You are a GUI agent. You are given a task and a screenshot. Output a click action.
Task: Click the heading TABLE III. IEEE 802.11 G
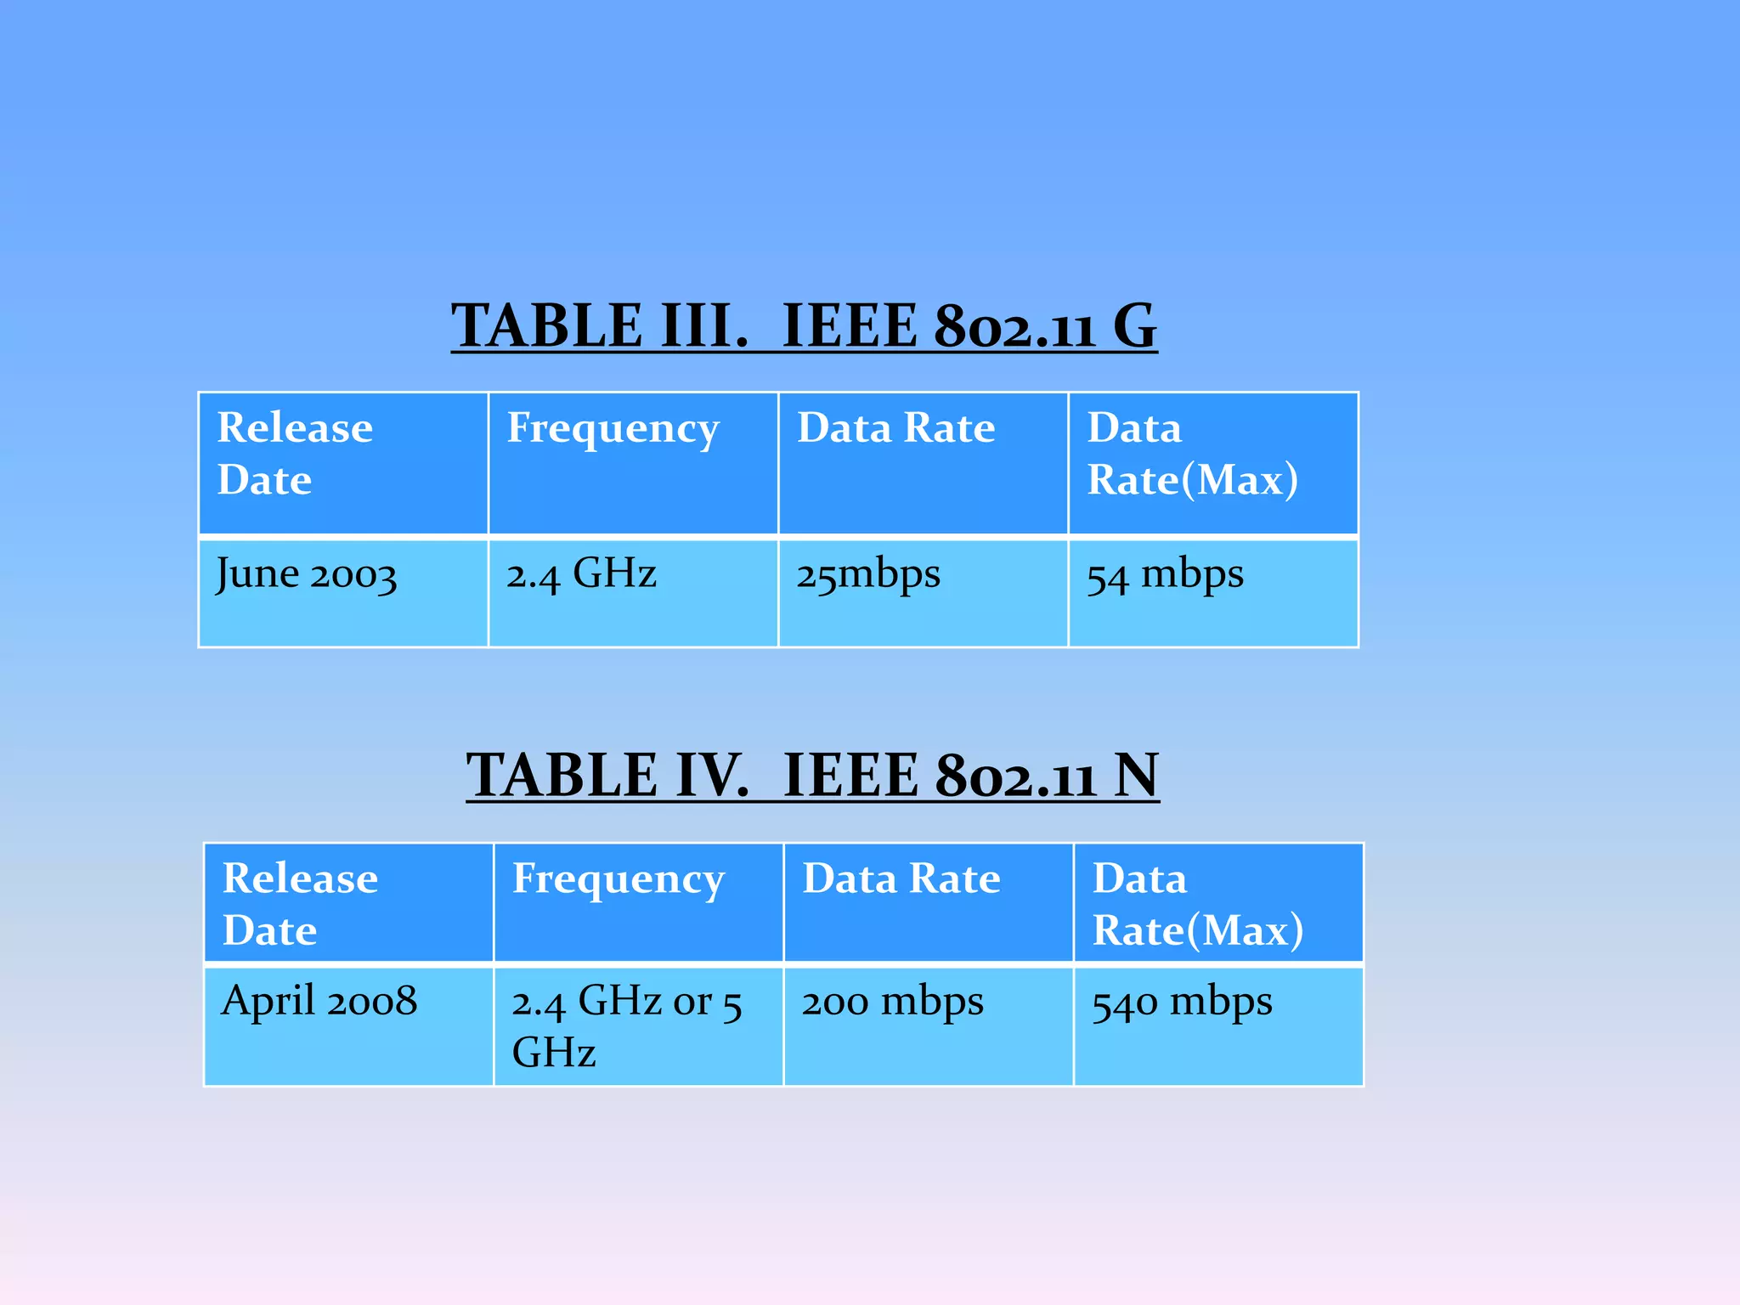pyautogui.click(x=803, y=325)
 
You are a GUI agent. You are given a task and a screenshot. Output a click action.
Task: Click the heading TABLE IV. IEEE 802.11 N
pyautogui.click(x=812, y=775)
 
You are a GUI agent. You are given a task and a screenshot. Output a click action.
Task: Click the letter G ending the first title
pyautogui.click(x=1134, y=325)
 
